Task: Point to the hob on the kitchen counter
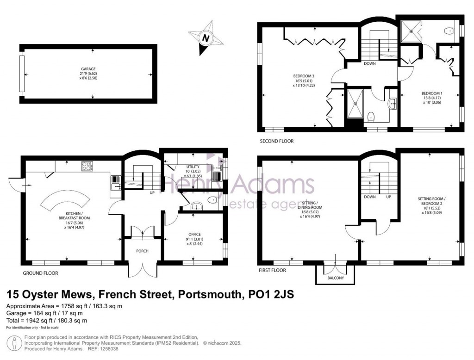tap(87, 165)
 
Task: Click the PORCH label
tap(142, 252)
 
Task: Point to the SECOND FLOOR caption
tap(276, 141)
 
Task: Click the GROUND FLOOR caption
tap(41, 273)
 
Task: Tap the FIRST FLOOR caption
tap(273, 270)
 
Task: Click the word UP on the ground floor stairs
tap(151, 192)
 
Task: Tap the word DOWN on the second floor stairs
tap(369, 63)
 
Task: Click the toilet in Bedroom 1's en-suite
tap(448, 31)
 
